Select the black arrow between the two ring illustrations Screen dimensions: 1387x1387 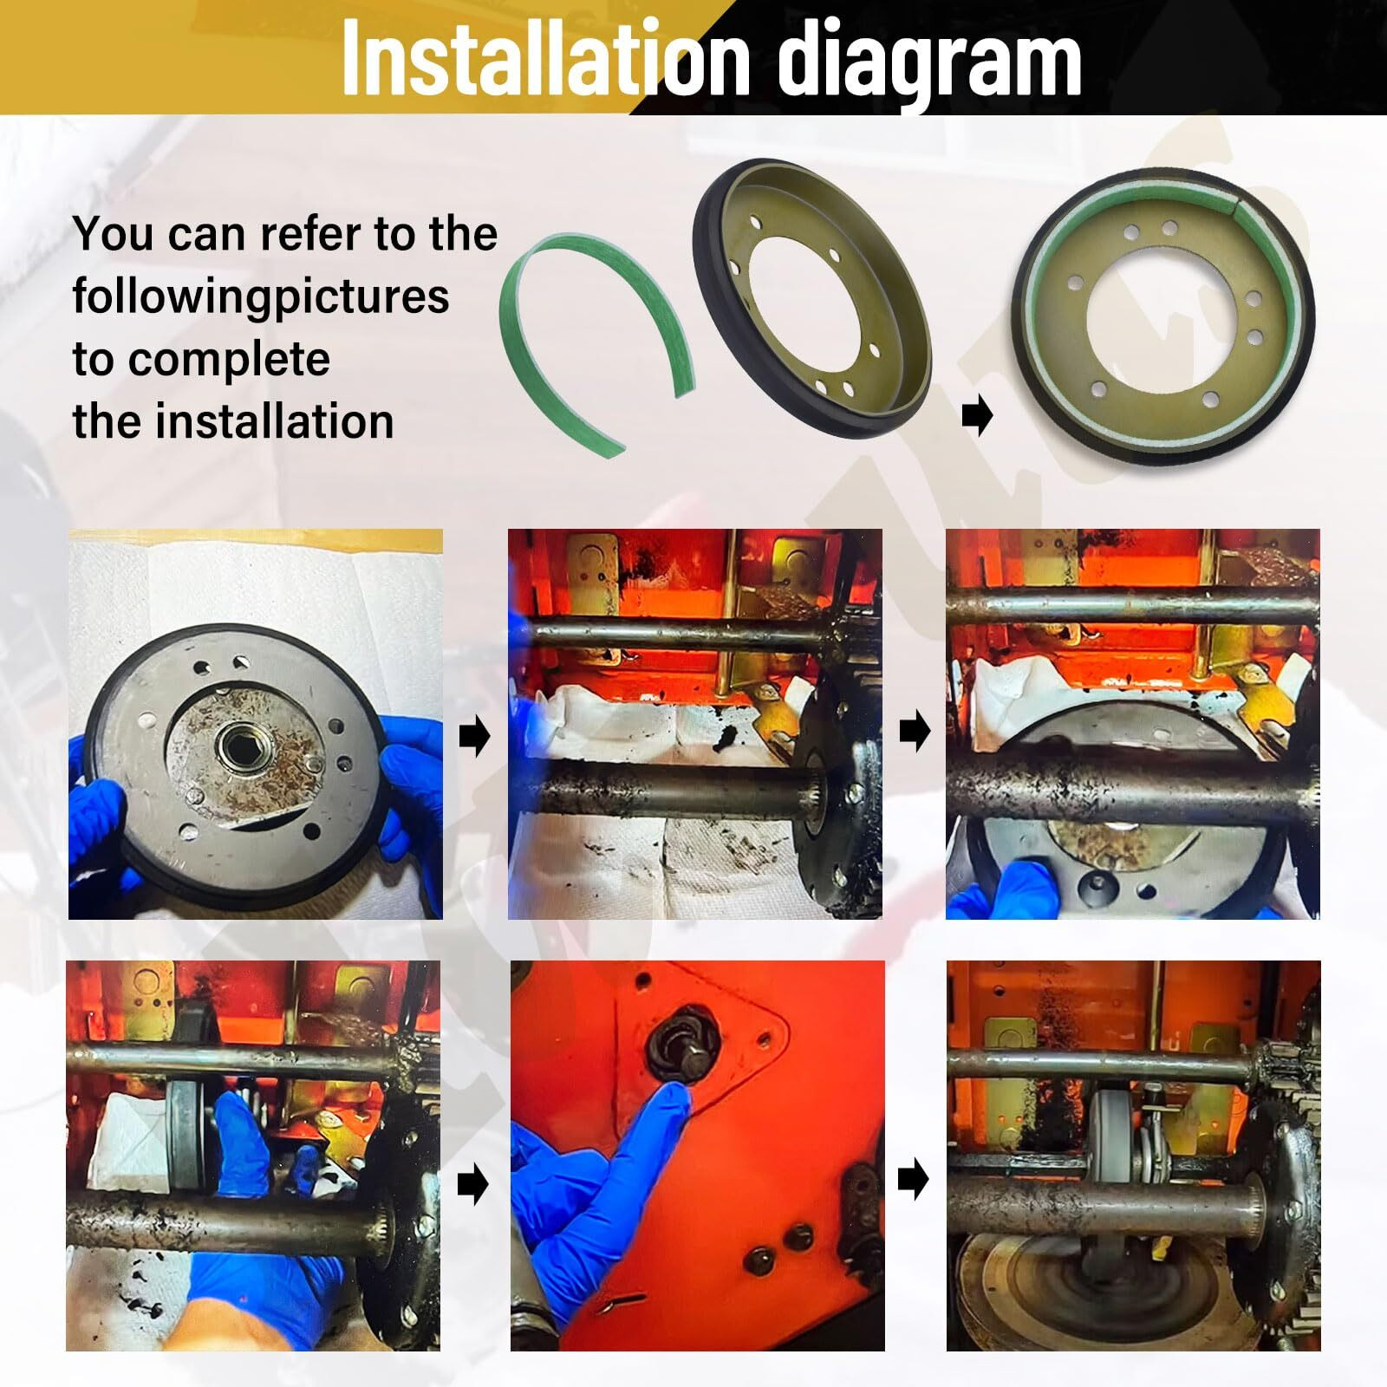[977, 418]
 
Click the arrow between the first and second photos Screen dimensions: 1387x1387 [474, 738]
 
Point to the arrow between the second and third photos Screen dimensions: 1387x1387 [914, 733]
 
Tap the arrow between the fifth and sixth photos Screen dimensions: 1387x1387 [914, 1179]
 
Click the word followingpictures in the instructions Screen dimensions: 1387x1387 [260, 296]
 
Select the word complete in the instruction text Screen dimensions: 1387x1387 [230, 359]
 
